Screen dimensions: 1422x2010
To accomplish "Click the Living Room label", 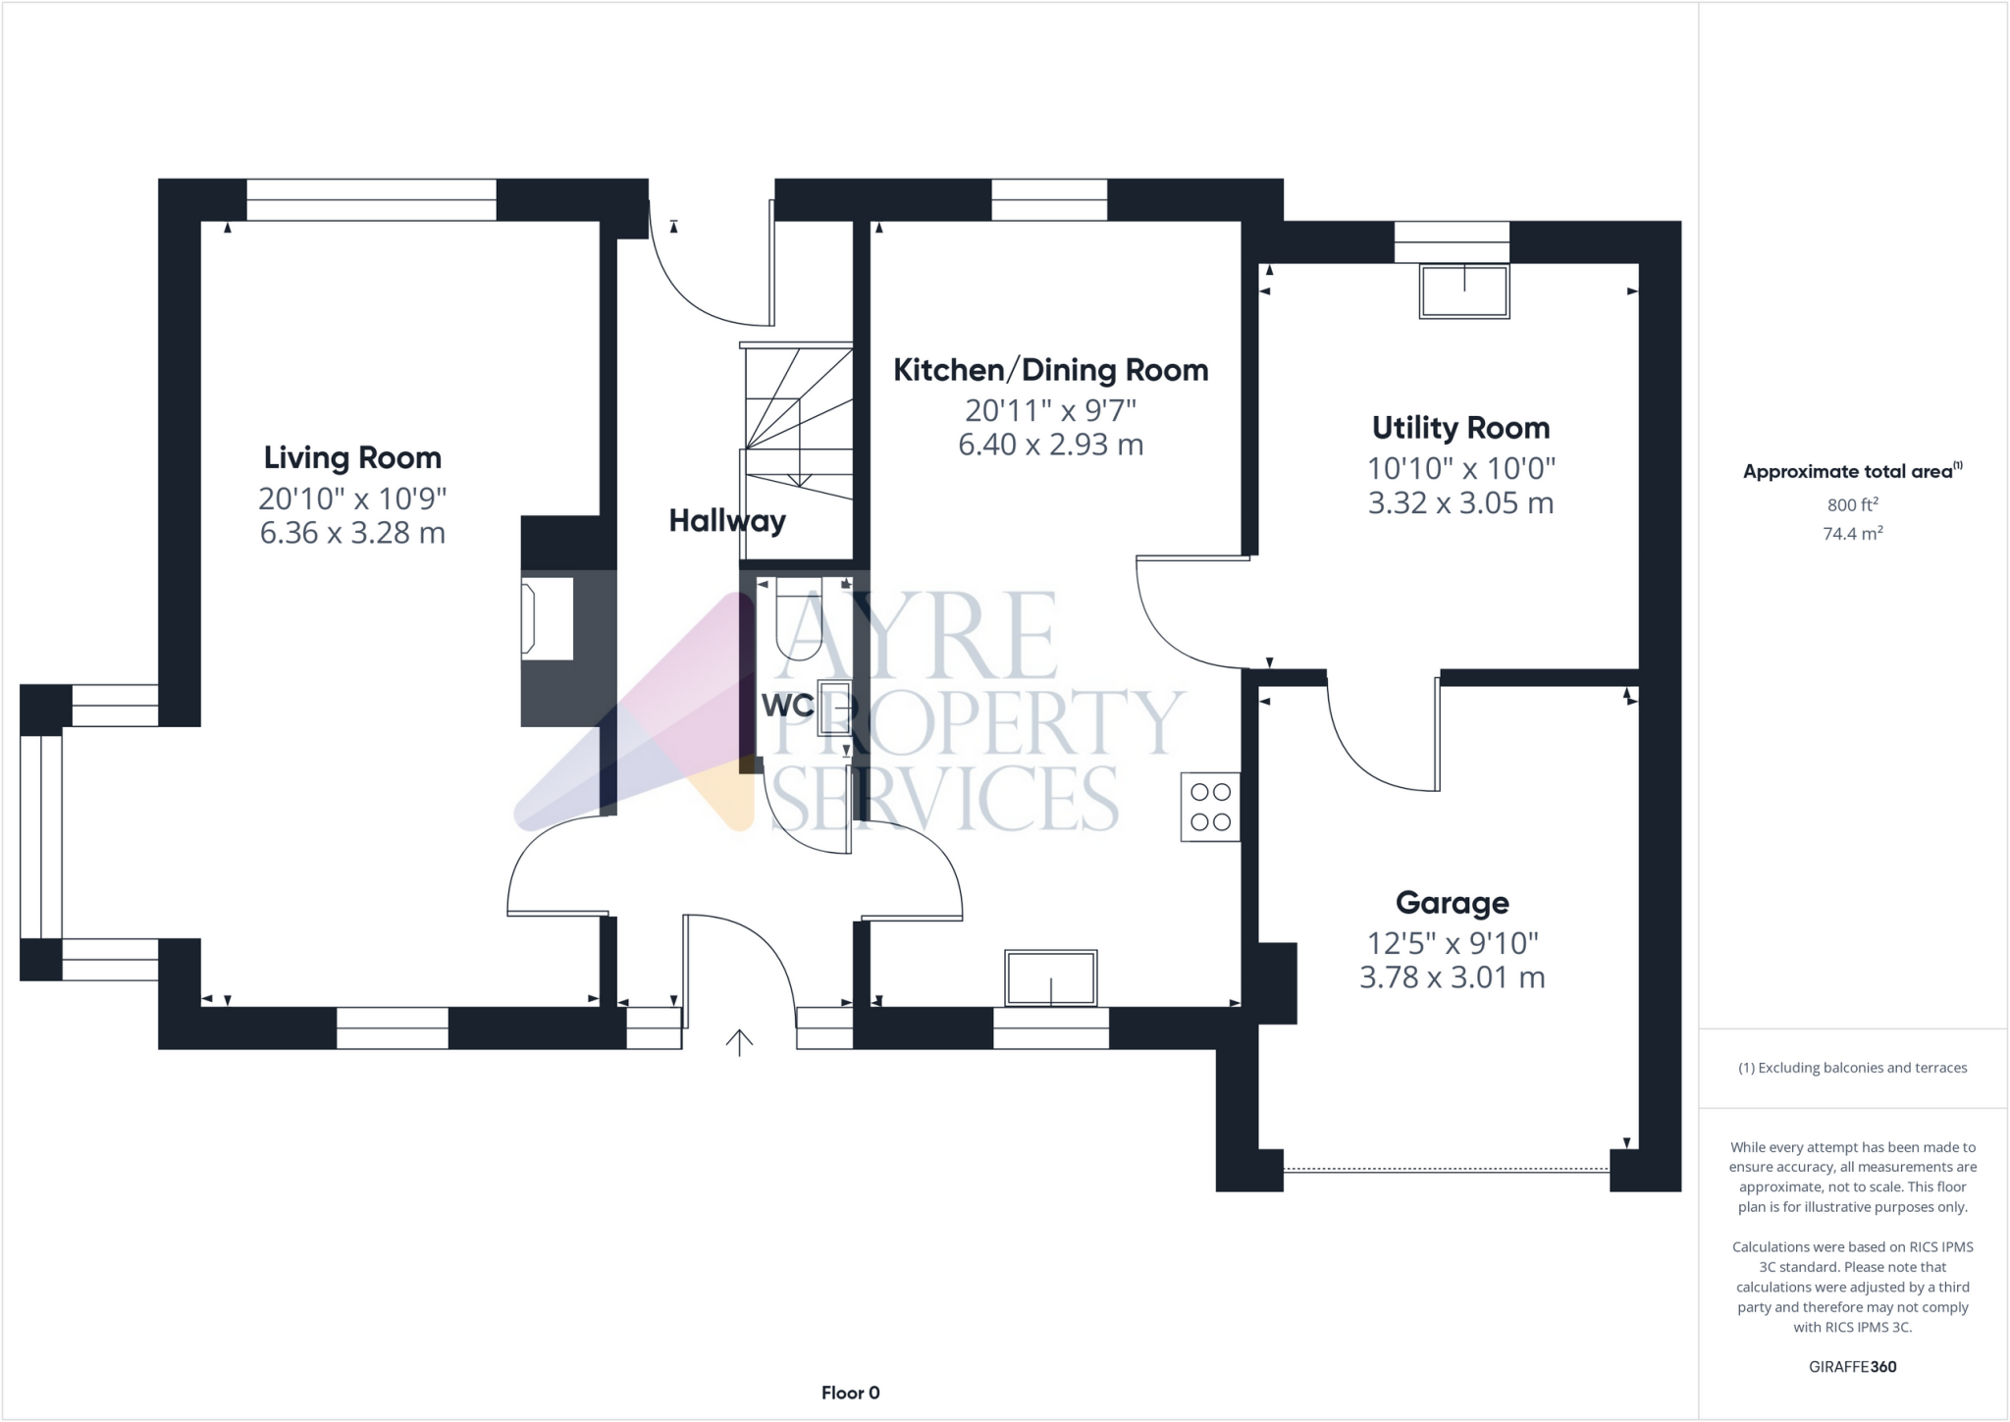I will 352,457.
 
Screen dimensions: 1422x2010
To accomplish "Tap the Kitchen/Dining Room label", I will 1050,370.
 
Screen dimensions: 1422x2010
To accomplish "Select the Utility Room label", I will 1460,428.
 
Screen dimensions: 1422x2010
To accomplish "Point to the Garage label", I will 1452,902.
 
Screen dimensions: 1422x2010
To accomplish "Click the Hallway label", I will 726,520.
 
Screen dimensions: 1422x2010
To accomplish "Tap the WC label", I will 787,705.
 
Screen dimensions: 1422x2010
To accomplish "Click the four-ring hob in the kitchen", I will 1210,807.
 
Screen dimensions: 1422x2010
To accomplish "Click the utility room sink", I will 1463,291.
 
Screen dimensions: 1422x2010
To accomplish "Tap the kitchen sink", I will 1050,977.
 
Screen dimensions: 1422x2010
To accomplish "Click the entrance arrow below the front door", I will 739,1041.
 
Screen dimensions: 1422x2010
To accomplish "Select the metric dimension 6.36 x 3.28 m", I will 352,533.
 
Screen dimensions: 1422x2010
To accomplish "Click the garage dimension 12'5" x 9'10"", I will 1453,943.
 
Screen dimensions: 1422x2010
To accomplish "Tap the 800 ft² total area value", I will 1852,504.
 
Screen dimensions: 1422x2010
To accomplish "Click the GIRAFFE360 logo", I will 1852,1366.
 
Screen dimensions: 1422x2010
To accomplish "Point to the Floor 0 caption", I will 850,1393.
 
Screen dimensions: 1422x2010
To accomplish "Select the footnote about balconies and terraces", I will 1852,1068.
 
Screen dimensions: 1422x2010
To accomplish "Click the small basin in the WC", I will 833,707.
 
